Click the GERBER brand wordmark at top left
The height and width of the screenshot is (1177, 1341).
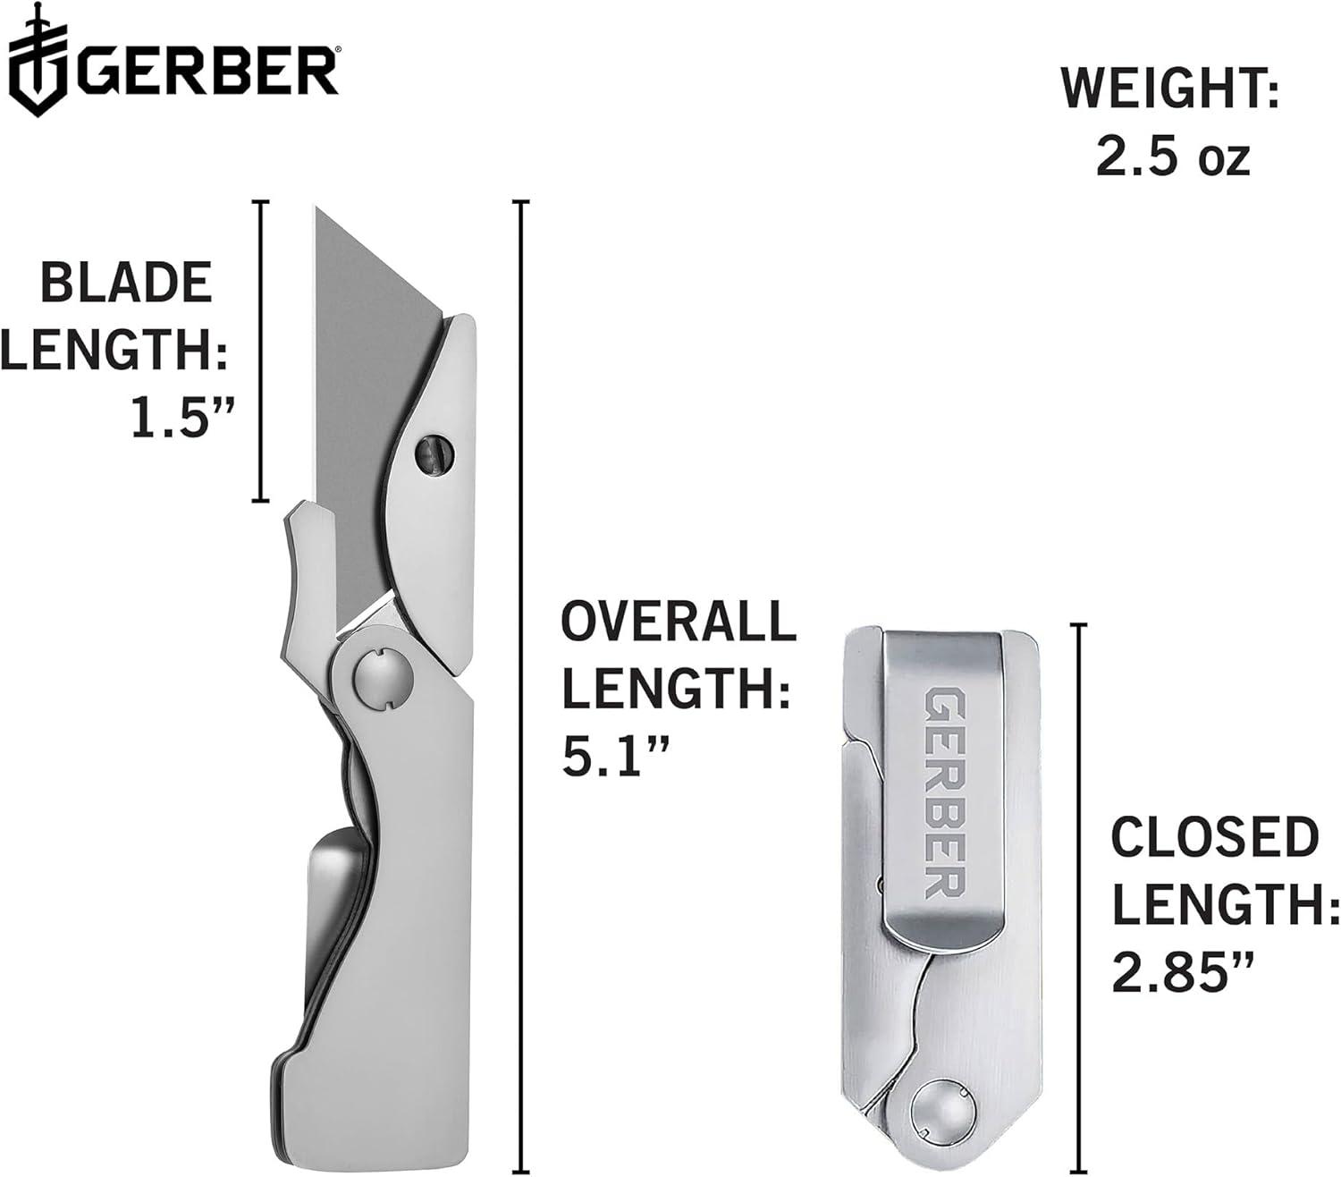pyautogui.click(x=207, y=71)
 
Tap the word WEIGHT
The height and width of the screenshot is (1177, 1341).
pyautogui.click(x=1169, y=88)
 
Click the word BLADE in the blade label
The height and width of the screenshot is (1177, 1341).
pyautogui.click(x=126, y=283)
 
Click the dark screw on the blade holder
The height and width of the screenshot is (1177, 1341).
pyautogui.click(x=434, y=454)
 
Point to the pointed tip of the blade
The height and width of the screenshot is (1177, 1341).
pyautogui.click(x=316, y=208)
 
